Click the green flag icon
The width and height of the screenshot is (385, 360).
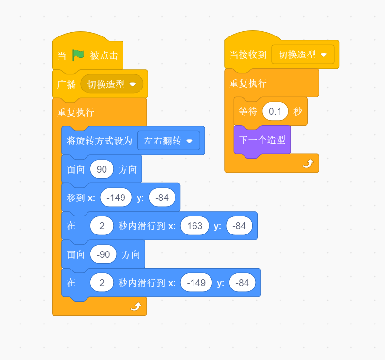tap(78, 55)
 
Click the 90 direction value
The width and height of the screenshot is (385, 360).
tap(102, 169)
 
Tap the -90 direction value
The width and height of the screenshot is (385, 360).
tap(104, 254)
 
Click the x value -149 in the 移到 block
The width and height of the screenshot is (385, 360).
tap(116, 198)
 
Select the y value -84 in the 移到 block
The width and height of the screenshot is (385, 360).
tap(162, 198)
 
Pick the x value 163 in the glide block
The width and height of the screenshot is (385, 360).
tap(194, 226)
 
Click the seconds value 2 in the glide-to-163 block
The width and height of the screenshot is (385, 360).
tap(102, 226)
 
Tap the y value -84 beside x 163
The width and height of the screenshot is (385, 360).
tap(239, 226)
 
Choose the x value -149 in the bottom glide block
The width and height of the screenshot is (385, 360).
tap(196, 283)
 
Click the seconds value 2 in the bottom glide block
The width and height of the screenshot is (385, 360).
tap(102, 283)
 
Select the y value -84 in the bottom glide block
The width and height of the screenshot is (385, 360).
tap(242, 283)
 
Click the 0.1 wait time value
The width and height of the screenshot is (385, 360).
tap(275, 111)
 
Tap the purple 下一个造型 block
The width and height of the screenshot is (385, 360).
tap(262, 140)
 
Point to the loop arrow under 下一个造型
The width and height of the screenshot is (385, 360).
tap(308, 163)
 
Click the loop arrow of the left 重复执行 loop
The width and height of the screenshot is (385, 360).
tap(136, 306)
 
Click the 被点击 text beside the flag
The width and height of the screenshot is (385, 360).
tap(104, 55)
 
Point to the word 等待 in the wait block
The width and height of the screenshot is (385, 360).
tap(248, 111)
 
